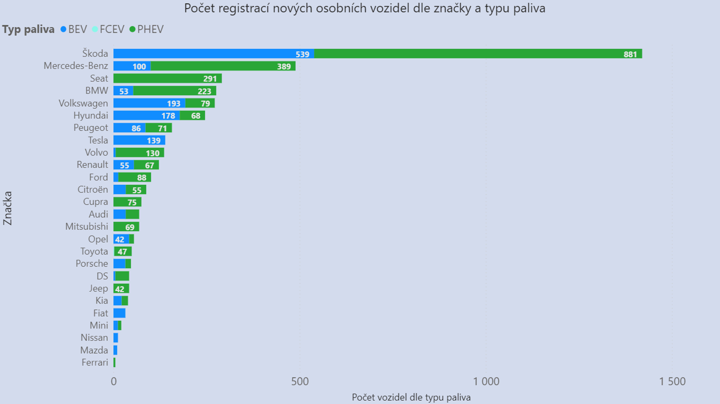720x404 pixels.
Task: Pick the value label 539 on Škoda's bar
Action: (302, 55)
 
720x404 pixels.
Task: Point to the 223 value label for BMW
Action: (204, 91)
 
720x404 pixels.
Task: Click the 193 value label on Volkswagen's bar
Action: (173, 104)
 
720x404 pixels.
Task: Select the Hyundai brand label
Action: (91, 115)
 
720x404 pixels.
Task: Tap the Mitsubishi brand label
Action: (87, 227)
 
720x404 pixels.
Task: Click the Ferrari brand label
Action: (95, 363)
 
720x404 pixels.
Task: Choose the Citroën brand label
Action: (93, 190)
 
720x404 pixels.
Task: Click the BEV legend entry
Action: (74, 29)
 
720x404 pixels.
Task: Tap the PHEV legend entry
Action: (147, 29)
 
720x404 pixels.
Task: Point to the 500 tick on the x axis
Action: (300, 382)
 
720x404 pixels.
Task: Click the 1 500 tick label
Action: (672, 382)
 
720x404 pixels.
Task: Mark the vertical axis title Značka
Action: (7, 208)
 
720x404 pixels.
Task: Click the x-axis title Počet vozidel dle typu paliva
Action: (411, 397)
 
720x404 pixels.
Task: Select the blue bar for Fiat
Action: (119, 313)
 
